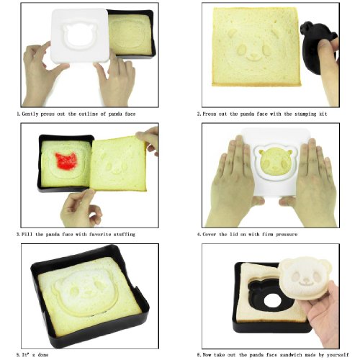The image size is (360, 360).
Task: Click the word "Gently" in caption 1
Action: point(30,114)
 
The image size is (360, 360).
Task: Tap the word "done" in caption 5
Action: point(43,355)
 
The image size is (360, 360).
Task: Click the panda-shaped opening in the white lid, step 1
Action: point(79,35)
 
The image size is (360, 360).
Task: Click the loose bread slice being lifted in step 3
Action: point(118,163)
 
